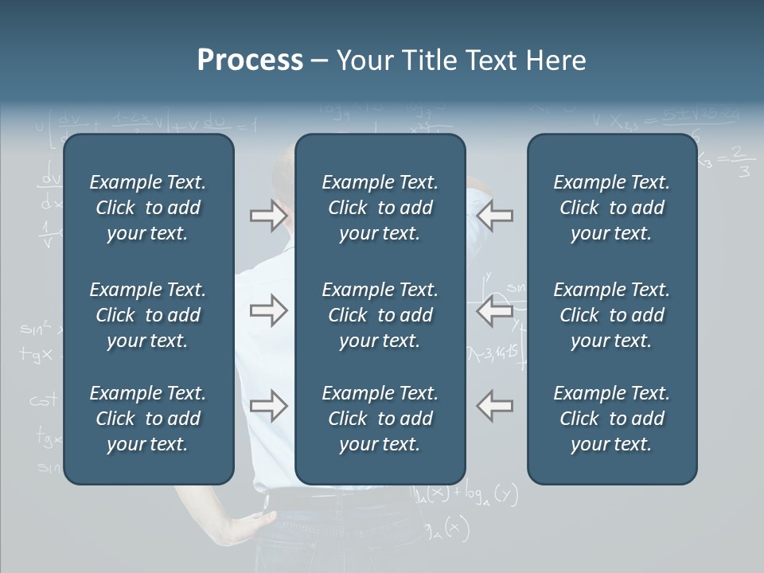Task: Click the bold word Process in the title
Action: [250, 60]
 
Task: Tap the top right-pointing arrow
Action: [268, 216]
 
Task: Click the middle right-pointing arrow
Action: [268, 310]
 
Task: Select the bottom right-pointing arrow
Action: [268, 406]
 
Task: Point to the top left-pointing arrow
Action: [494, 216]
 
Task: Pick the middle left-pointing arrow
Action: [494, 310]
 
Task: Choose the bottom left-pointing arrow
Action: [494, 406]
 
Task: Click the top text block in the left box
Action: [148, 208]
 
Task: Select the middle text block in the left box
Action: [148, 315]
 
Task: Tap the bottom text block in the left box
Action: [148, 419]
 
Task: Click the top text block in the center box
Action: [380, 208]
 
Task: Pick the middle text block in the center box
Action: [380, 315]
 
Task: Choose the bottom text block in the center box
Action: [380, 419]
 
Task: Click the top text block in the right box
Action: [611, 208]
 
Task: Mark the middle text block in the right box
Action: [611, 315]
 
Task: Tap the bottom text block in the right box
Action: [611, 419]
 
